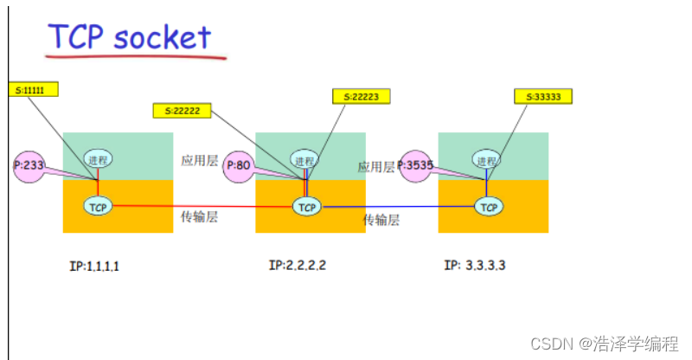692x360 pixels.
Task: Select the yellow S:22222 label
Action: pos(183,111)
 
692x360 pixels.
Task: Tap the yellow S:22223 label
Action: pos(362,96)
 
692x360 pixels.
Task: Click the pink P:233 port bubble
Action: pos(29,164)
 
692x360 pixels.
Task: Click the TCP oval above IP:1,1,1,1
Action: pos(98,206)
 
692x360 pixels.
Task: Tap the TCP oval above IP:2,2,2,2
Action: pos(305,207)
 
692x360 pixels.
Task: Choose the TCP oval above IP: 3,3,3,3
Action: pos(489,207)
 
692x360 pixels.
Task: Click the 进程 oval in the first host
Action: pos(98,160)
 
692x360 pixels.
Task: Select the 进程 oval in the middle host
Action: pos(304,160)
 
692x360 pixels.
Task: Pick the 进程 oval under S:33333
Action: pos(487,160)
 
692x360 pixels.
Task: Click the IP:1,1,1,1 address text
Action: pos(94,266)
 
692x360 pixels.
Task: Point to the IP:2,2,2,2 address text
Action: pos(298,265)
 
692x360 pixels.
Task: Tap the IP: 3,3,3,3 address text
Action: pos(474,265)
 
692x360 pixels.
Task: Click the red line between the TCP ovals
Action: pos(199,206)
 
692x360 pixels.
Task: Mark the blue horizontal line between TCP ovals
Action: pos(398,208)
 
